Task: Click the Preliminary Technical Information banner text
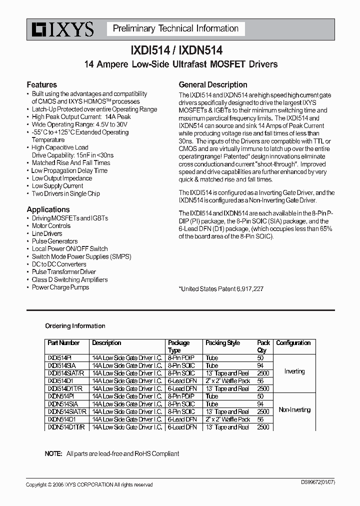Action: click(175, 29)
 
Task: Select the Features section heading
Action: click(41, 84)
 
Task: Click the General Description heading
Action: click(213, 84)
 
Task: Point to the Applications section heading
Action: click(48, 209)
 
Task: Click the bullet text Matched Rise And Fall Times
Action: click(70, 162)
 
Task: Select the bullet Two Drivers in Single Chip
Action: click(65, 193)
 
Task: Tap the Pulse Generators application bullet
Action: click(54, 241)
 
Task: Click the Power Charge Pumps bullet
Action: click(60, 287)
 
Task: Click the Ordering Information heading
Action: click(75, 326)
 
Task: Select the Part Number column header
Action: click(63, 343)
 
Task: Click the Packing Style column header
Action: click(222, 343)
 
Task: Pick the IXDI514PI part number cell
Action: click(59, 358)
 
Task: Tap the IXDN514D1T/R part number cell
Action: click(66, 427)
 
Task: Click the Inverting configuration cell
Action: click(294, 371)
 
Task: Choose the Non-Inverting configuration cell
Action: click(294, 410)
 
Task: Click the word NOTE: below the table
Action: click(53, 453)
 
